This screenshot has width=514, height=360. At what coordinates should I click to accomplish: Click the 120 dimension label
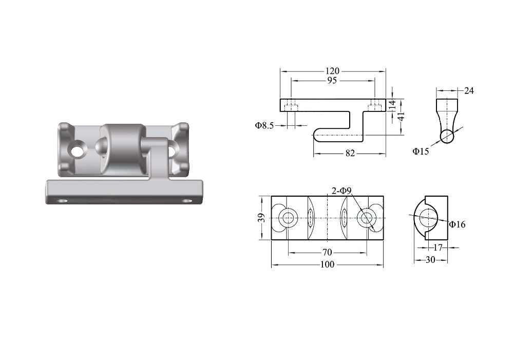332,71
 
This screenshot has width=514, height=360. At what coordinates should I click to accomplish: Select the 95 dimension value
332,80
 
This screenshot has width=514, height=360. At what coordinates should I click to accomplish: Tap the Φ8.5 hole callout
264,125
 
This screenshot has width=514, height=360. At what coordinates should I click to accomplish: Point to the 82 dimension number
350,154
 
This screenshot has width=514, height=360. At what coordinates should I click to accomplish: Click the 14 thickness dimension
392,105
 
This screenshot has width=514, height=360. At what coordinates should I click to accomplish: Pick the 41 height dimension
401,117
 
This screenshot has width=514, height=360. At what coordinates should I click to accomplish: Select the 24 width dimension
469,91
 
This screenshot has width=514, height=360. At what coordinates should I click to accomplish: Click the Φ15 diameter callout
421,151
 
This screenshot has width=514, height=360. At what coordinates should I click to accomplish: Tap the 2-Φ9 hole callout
341,191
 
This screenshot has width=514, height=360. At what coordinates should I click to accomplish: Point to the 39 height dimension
261,218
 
